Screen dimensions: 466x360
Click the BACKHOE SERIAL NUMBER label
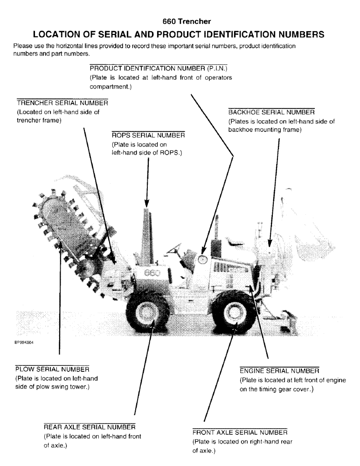pyautogui.click(x=271, y=113)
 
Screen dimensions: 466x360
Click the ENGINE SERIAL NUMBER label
pyautogui.click(x=279, y=371)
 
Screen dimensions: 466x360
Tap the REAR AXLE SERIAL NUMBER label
pyautogui.click(x=89, y=427)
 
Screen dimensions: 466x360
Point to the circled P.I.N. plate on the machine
pyautogui.click(x=202, y=258)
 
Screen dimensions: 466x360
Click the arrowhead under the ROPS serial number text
pyautogui.click(x=147, y=203)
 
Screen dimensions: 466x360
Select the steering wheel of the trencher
pyautogui.click(x=176, y=247)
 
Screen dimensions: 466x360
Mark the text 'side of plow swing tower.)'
pyautogui.click(x=53, y=388)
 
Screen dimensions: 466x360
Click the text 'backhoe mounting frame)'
pyautogui.click(x=264, y=130)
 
